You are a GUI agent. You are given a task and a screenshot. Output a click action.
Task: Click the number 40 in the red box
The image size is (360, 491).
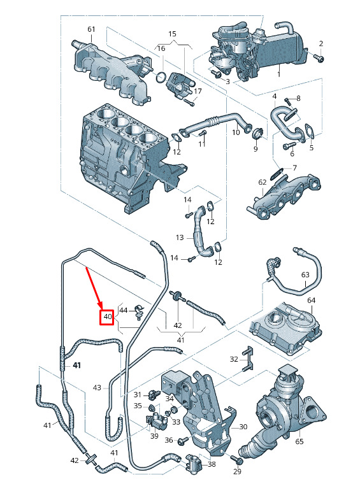pos(108,317)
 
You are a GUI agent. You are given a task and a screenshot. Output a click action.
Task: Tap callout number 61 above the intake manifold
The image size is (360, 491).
pos(91,29)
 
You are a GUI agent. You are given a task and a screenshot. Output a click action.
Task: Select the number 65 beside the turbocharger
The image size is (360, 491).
pos(299,441)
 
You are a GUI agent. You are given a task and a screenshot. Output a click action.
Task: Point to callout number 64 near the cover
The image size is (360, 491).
pos(311,301)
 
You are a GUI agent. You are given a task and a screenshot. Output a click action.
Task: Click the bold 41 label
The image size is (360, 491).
pos(76,365)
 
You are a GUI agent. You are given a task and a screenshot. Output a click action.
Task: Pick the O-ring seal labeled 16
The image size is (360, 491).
pos(161,77)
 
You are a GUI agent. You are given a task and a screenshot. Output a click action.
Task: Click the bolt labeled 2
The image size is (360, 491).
pos(319,57)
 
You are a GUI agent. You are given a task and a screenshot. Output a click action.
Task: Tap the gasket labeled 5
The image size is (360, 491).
pos(309,131)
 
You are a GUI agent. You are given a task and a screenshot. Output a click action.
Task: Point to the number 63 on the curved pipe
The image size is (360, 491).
pos(305,274)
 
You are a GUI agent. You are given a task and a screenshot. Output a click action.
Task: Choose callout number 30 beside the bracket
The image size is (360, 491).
pos(243,427)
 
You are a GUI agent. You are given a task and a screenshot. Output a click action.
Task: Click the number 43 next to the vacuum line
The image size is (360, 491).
pos(97,388)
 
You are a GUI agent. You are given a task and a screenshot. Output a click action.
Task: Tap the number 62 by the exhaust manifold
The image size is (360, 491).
pos(263,182)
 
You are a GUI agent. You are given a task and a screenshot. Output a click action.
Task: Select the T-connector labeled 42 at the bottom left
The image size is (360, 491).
pos(90,459)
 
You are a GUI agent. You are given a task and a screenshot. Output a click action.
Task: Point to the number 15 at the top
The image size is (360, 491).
pos(172,34)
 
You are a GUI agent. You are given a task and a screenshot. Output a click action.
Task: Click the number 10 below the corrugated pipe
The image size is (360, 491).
pos(236,132)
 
